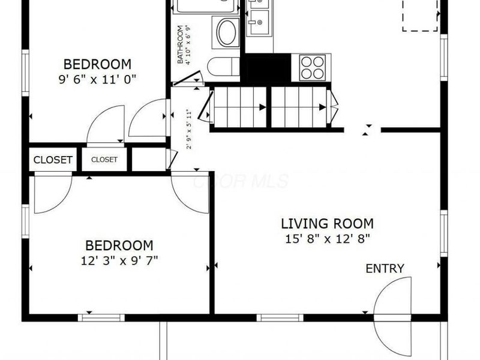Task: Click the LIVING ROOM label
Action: [x=327, y=223]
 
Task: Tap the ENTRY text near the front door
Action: [x=385, y=268]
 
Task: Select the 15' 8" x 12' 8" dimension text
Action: [x=328, y=238]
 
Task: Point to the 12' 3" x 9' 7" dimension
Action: [x=119, y=261]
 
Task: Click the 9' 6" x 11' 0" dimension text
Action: [x=97, y=79]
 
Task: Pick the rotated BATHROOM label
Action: [x=181, y=44]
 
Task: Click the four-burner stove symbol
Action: [x=312, y=68]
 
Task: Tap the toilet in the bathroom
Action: [x=223, y=67]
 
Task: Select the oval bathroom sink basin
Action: [x=227, y=33]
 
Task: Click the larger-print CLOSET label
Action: [x=53, y=160]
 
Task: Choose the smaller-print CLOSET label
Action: [x=104, y=160]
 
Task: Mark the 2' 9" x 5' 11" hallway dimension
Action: [x=189, y=129]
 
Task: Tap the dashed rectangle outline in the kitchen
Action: [x=419, y=16]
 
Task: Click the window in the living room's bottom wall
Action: [x=280, y=318]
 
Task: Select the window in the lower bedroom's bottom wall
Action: [x=101, y=318]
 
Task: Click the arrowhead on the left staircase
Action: [x=263, y=107]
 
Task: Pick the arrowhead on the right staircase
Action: [x=323, y=107]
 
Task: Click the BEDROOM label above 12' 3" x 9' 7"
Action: [x=119, y=245]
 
